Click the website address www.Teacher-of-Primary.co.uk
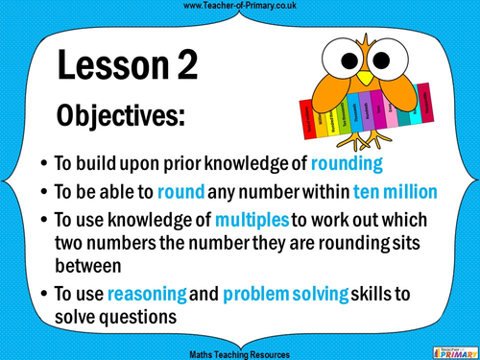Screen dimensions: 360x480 click(238, 7)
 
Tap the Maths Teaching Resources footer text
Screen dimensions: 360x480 click(238, 353)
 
